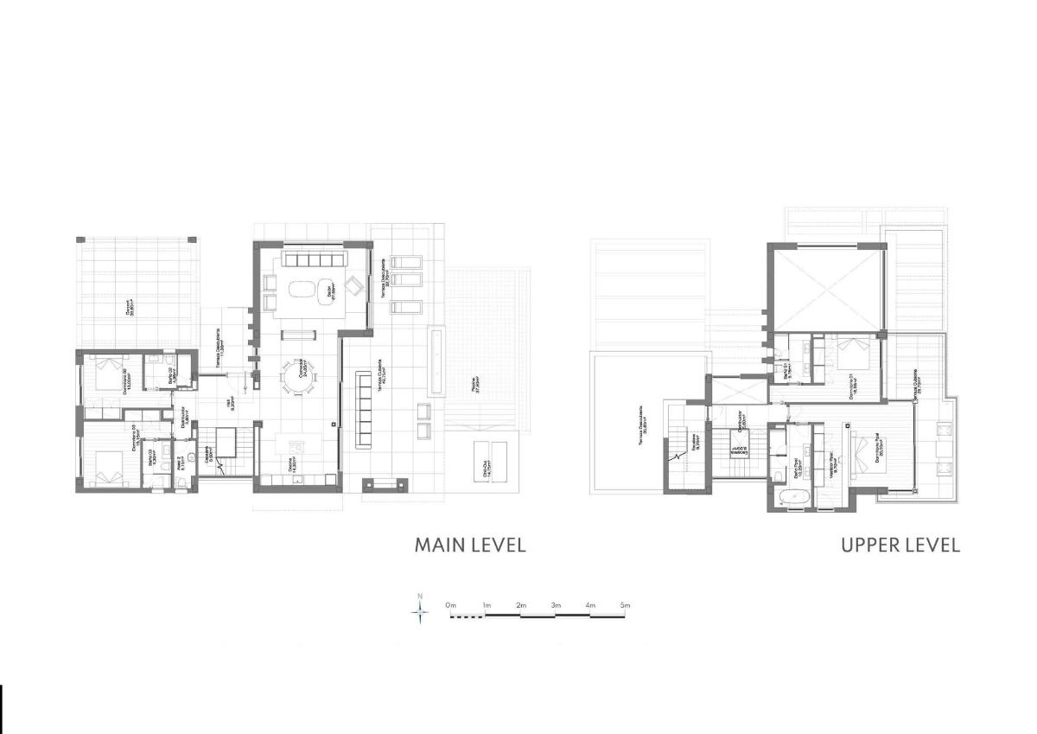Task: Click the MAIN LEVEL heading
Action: [469, 546]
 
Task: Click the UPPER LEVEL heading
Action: [900, 546]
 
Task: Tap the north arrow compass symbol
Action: [420, 611]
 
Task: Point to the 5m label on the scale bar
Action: [624, 605]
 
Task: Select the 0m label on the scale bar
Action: [450, 605]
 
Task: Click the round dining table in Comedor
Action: [299, 377]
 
